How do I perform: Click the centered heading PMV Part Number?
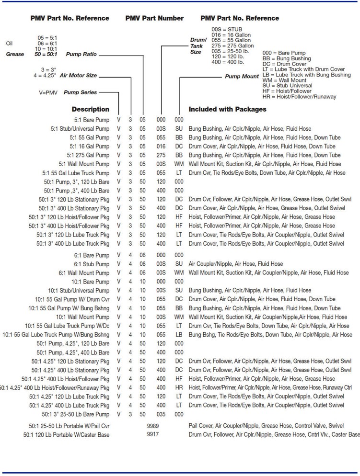click(154, 18)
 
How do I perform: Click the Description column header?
click(90, 109)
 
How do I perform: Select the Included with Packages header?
click(227, 109)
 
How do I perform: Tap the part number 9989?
click(153, 426)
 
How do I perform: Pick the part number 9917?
click(153, 434)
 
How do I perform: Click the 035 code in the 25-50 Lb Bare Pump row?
click(161, 414)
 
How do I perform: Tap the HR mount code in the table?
click(179, 387)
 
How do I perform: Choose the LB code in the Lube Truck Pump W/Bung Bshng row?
click(179, 335)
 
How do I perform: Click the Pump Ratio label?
click(81, 55)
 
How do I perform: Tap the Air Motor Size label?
click(79, 75)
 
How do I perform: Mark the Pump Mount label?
click(242, 77)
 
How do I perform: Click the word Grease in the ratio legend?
click(15, 55)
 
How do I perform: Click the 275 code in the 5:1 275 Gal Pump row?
click(161, 155)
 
